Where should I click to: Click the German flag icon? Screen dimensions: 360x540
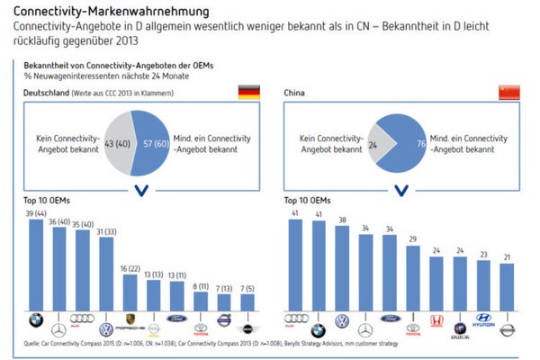(x=247, y=92)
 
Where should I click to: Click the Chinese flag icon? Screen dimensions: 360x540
(x=508, y=92)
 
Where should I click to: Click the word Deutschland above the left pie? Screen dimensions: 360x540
(x=43, y=93)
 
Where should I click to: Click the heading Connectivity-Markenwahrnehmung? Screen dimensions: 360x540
(x=99, y=11)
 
